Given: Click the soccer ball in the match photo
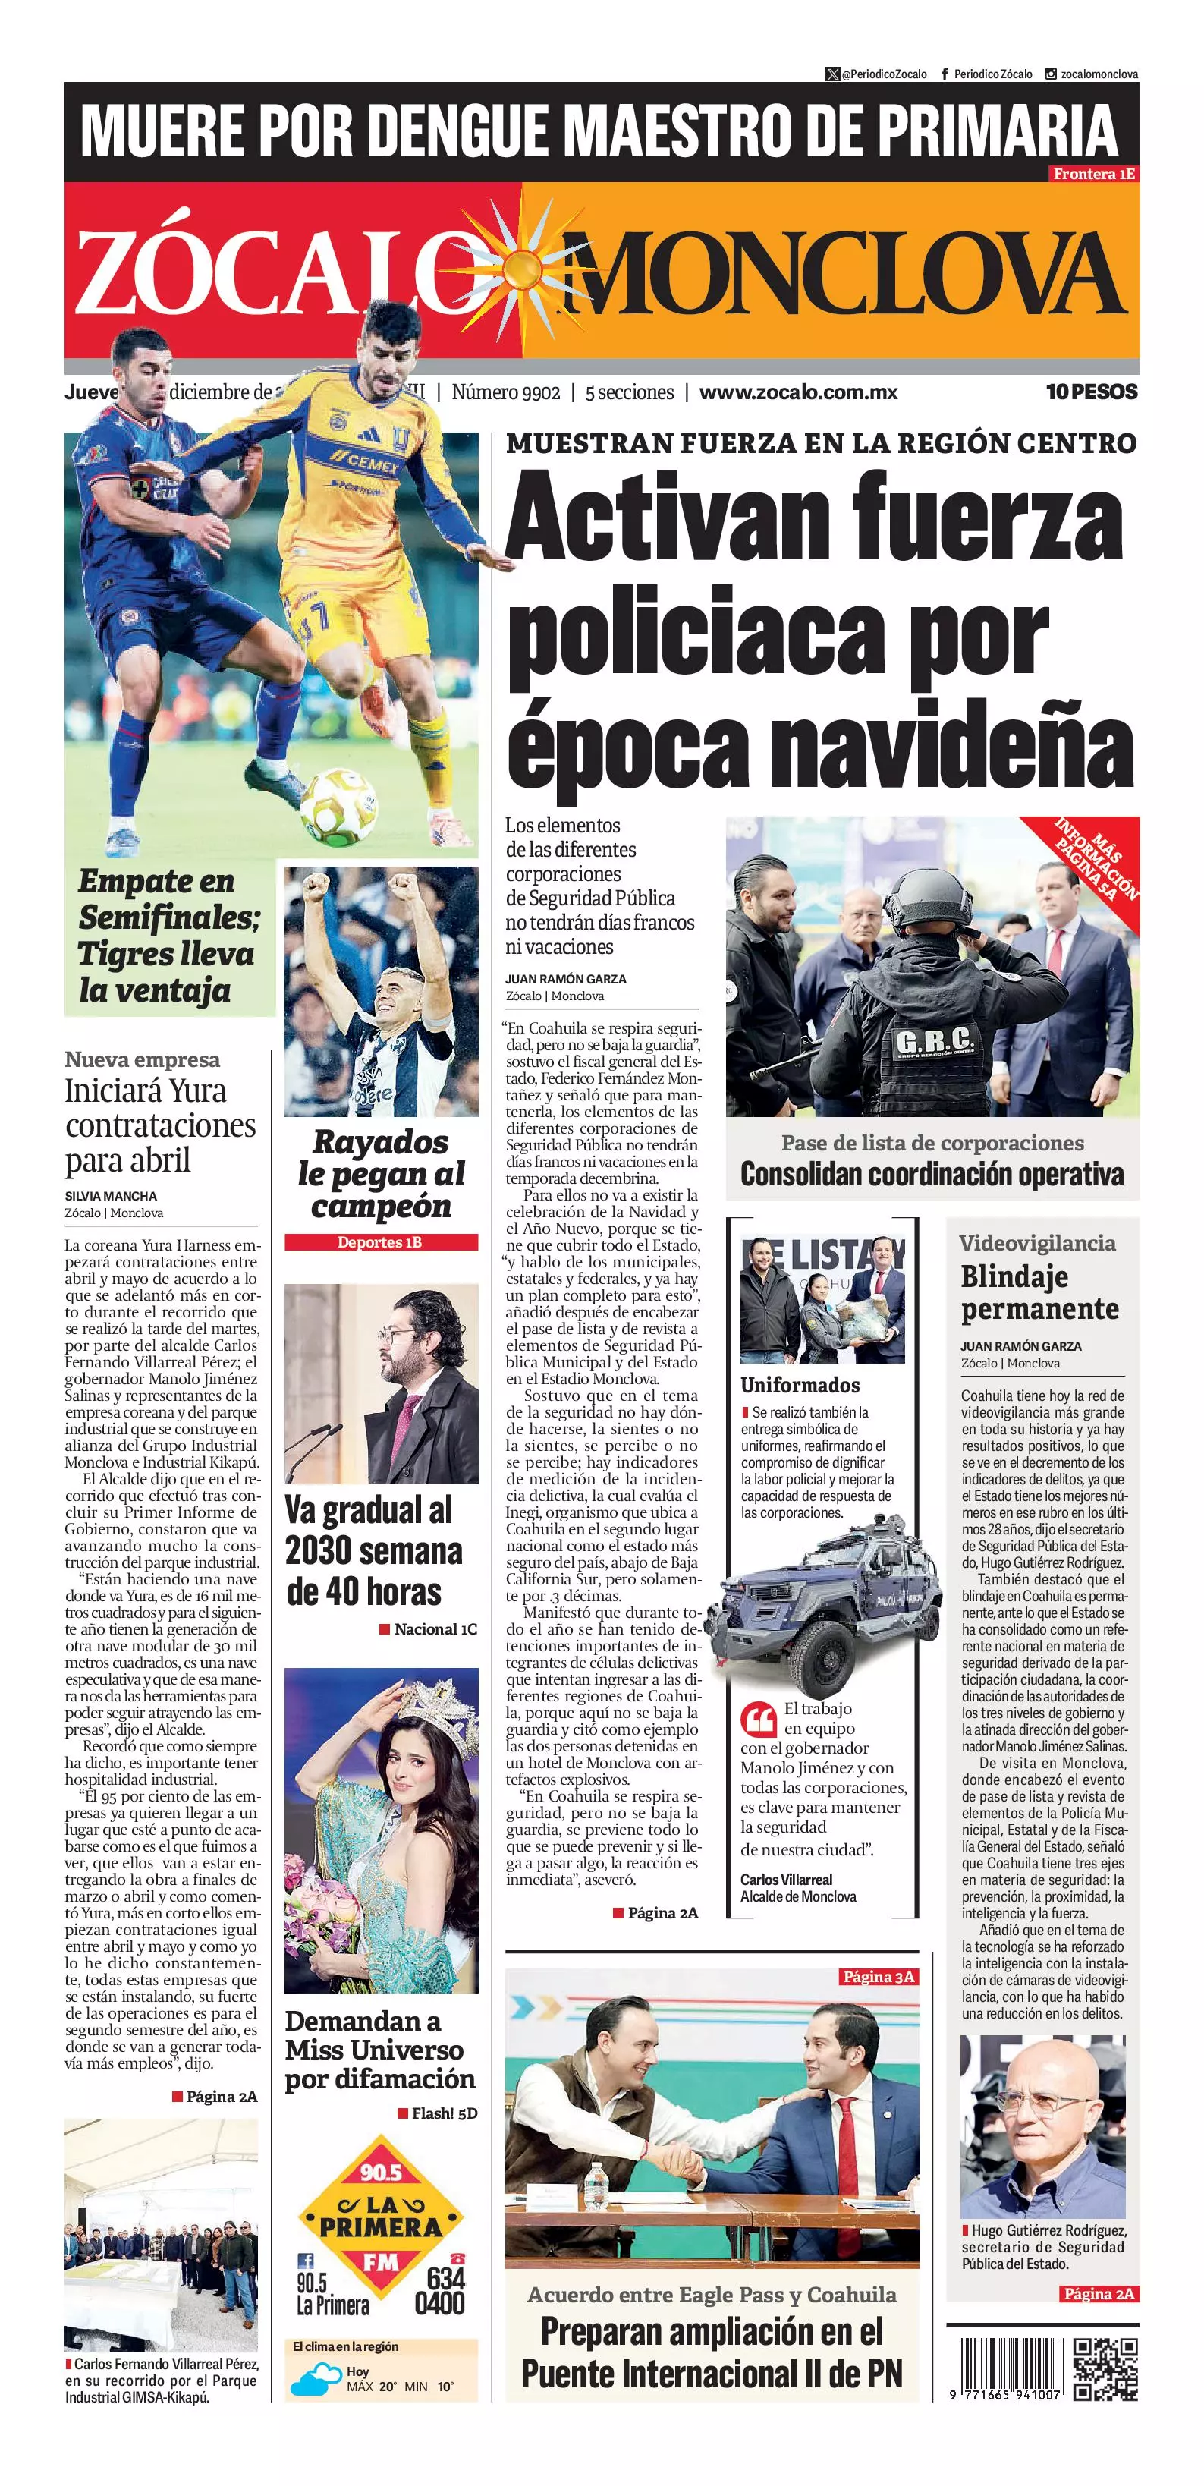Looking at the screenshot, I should (x=337, y=805).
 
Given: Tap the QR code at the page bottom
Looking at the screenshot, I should (x=1105, y=2369).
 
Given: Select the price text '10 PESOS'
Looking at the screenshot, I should (x=1091, y=392).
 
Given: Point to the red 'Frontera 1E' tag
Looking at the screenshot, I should (x=1093, y=174).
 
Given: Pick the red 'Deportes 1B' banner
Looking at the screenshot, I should (x=380, y=1242).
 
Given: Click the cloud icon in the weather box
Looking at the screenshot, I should (x=315, y=2382).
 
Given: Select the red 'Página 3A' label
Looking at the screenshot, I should (x=878, y=1977).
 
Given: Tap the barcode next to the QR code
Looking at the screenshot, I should (x=1004, y=2368).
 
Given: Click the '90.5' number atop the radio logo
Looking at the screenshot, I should (x=380, y=2171).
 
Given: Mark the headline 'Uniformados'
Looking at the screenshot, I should (x=800, y=1385).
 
